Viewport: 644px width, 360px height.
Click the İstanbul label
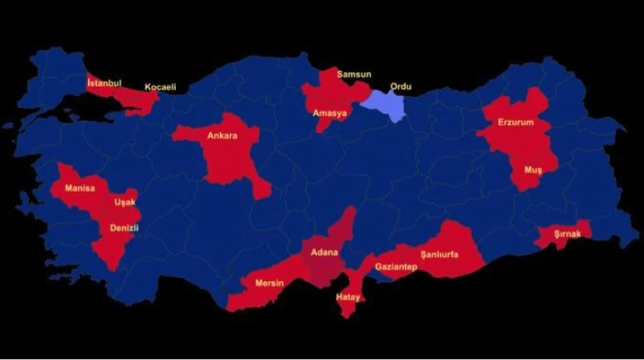coord(105,83)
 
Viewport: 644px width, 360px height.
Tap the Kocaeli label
coord(160,87)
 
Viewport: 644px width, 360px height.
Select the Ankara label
coord(222,135)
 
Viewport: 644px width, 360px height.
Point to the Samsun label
coord(354,75)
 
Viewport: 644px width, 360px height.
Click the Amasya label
coord(330,114)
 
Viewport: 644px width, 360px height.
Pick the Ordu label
coord(401,86)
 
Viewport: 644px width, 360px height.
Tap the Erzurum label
coord(515,122)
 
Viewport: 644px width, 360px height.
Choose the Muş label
coord(532,169)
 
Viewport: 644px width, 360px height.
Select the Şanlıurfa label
coord(440,253)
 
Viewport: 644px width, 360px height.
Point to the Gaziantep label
coord(394,267)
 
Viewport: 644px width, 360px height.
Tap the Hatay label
coord(347,297)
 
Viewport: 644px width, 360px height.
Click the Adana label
coord(324,251)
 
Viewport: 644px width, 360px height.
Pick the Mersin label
coord(269,284)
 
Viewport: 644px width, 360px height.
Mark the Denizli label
coord(124,227)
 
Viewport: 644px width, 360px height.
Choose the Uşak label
coord(124,202)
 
